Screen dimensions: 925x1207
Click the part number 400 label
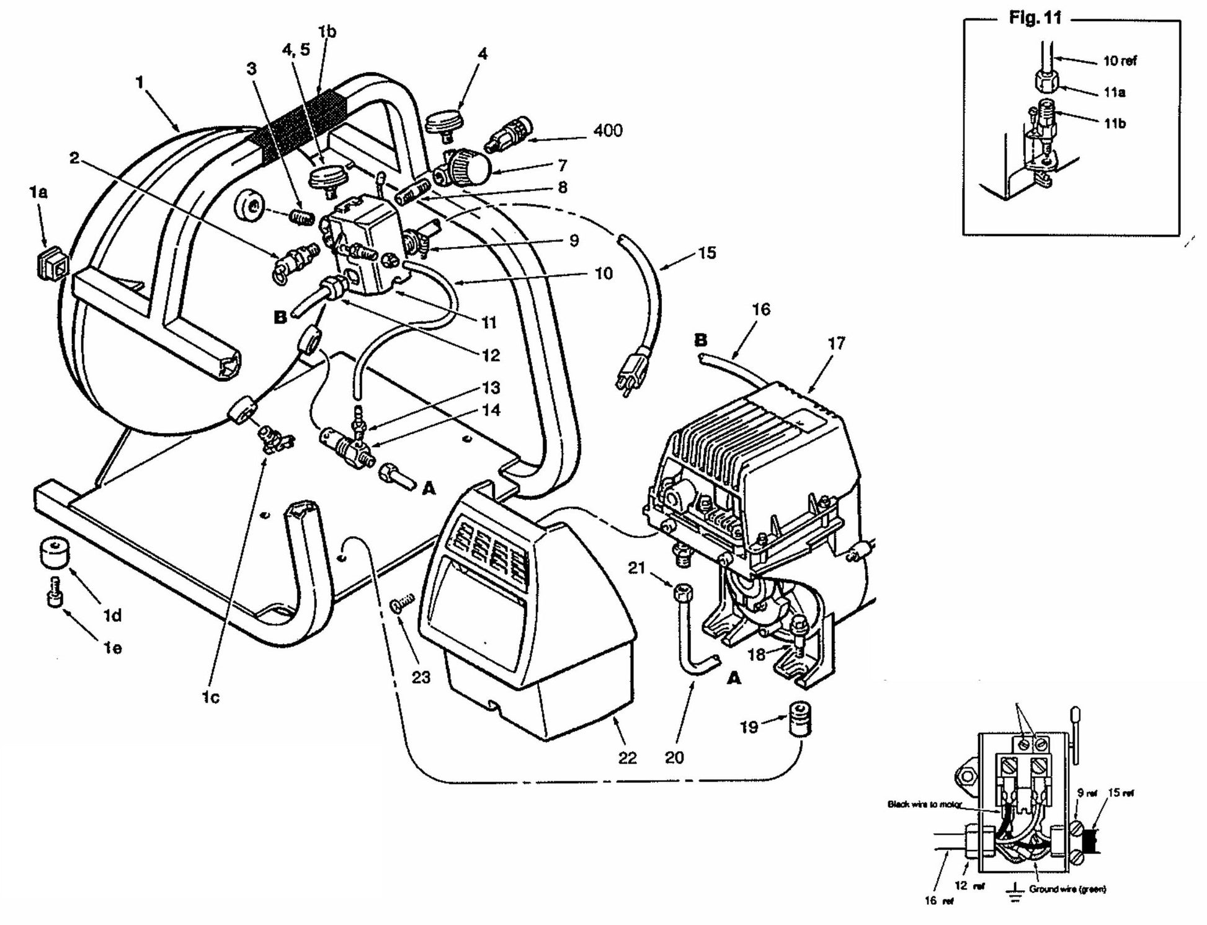tap(607, 131)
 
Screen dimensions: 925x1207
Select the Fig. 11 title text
tap(1035, 18)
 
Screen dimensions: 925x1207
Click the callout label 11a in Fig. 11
tap(1114, 93)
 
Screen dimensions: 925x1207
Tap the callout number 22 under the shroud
tap(627, 758)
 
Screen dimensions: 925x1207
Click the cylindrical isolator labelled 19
tap(801, 719)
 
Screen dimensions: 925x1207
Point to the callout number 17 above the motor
tap(835, 343)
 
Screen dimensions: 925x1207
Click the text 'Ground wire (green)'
tap(1067, 889)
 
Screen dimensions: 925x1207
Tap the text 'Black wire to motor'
tap(924, 805)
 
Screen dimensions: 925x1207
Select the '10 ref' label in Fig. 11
tap(1120, 61)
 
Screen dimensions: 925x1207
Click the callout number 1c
tap(211, 697)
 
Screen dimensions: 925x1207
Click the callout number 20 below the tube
tap(674, 758)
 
